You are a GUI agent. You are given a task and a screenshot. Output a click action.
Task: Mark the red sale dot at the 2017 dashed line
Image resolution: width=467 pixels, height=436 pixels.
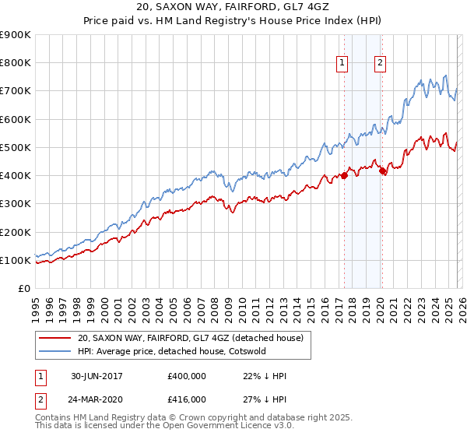click(x=344, y=175)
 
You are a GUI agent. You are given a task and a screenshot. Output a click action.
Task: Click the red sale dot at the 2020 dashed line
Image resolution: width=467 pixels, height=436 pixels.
click(x=381, y=171)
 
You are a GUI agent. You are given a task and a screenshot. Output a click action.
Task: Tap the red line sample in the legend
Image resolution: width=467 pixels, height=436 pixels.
click(x=56, y=338)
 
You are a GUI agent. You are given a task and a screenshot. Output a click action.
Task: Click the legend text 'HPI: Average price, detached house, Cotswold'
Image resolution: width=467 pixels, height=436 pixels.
click(x=171, y=351)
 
